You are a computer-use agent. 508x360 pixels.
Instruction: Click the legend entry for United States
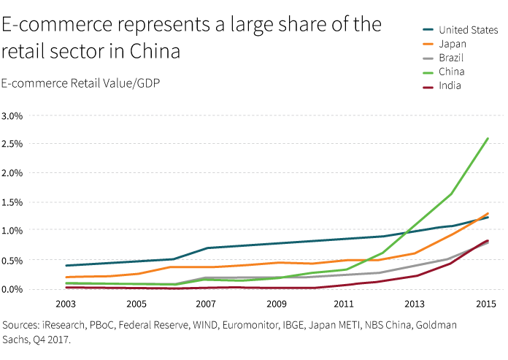click(x=468, y=31)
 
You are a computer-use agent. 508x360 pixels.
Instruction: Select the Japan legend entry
click(x=453, y=45)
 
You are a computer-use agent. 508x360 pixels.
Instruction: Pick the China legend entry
click(x=452, y=72)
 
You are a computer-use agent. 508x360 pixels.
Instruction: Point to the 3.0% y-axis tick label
click(x=12, y=116)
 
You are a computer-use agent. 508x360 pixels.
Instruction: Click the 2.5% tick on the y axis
click(x=12, y=145)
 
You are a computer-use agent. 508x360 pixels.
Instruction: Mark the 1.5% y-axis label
click(x=12, y=202)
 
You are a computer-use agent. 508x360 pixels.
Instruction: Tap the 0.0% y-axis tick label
click(x=12, y=289)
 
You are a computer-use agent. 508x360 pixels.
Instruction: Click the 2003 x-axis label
click(x=66, y=303)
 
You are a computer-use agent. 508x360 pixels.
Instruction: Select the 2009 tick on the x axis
click(x=276, y=303)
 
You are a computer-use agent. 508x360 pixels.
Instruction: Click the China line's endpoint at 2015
click(x=488, y=138)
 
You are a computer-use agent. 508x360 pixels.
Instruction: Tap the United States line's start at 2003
click(x=66, y=266)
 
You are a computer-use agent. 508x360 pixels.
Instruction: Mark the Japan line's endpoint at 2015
click(x=488, y=214)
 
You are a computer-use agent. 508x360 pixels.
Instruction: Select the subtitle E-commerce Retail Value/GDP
click(x=81, y=83)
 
